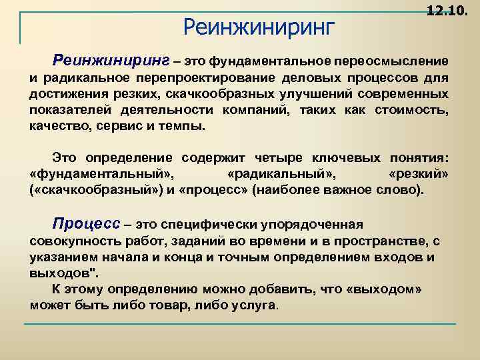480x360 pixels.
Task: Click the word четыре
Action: click(x=279, y=158)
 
